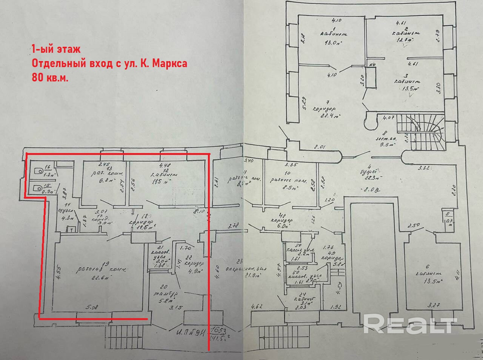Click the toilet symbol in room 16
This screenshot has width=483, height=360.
pyautogui.click(x=38, y=171)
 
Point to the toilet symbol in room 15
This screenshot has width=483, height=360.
pyautogui.click(x=37, y=188)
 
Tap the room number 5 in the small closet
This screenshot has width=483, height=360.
pyautogui.click(x=448, y=214)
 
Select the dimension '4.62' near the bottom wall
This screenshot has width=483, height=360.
pyautogui.click(x=257, y=306)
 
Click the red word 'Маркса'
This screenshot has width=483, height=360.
pyautogui.click(x=170, y=64)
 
